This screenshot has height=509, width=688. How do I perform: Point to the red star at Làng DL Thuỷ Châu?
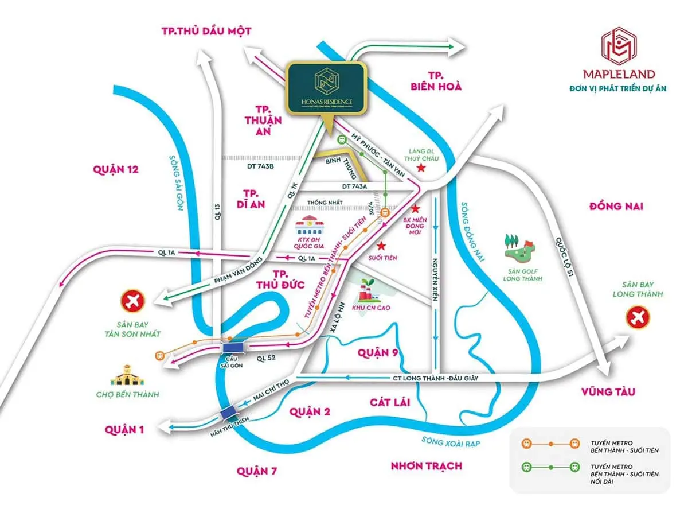[421, 168]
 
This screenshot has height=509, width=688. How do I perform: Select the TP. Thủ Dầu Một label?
[207, 31]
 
